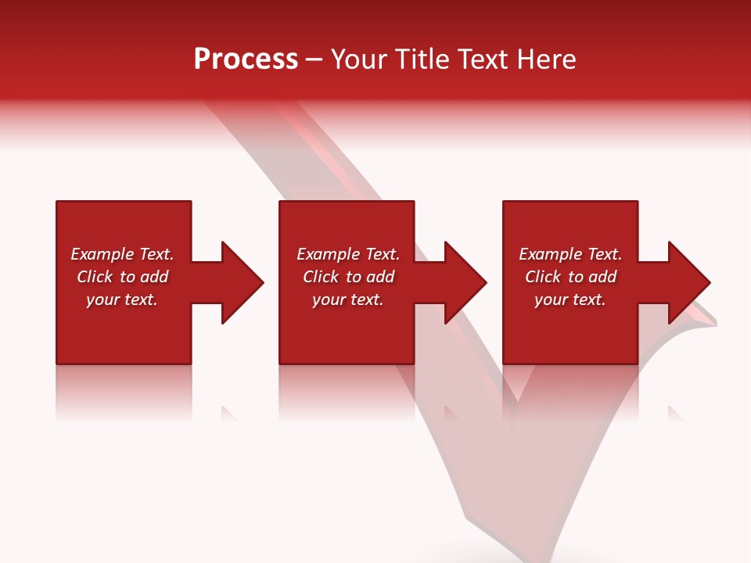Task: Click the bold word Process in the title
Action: [246, 59]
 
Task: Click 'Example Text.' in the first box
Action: [122, 254]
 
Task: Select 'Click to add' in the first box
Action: [122, 277]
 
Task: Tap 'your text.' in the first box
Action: [122, 299]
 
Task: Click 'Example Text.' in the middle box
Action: [347, 254]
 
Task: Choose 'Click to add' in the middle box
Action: [347, 277]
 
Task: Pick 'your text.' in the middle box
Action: [347, 299]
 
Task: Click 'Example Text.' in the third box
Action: [570, 254]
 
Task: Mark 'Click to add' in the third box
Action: [570, 277]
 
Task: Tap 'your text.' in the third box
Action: [570, 299]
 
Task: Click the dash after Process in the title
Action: [314, 60]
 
